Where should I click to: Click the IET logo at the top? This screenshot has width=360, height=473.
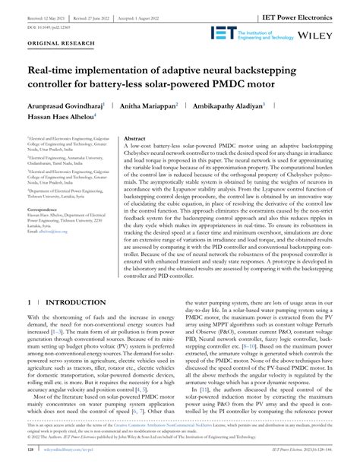(x=226, y=34)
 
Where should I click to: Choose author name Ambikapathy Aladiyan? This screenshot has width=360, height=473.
(x=251, y=106)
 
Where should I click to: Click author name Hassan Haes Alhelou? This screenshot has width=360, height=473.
(x=59, y=120)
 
